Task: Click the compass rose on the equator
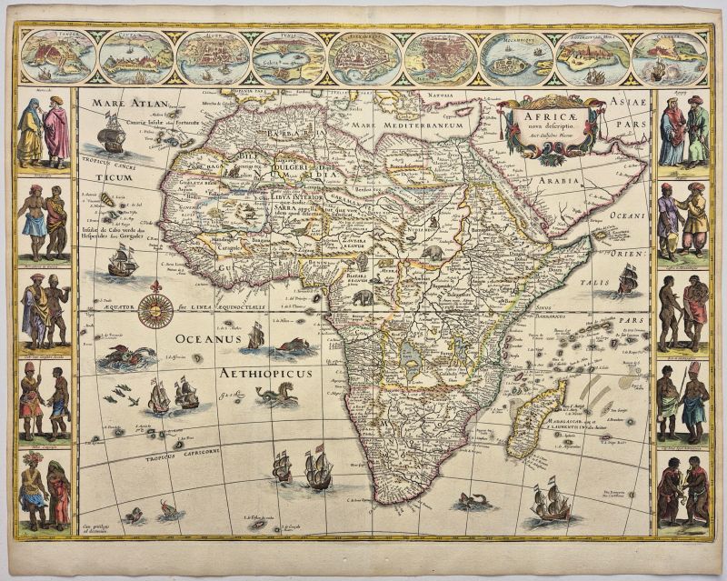(x=155, y=309)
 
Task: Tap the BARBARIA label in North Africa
(x=291, y=134)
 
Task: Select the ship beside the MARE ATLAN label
(x=111, y=137)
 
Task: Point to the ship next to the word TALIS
(x=627, y=277)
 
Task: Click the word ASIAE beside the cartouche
(x=629, y=104)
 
